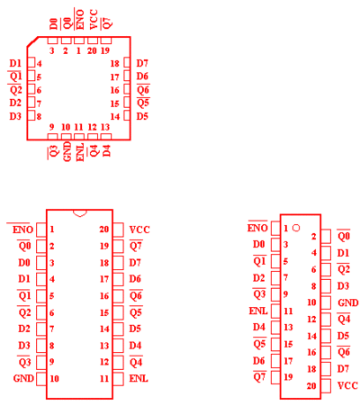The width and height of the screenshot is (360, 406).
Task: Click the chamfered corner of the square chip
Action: point(32,42)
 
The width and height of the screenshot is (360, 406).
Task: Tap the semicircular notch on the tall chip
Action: point(80,213)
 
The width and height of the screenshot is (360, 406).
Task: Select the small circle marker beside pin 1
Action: point(296,228)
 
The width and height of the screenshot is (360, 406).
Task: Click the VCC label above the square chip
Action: point(94,19)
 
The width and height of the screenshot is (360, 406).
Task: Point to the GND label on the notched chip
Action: point(23,378)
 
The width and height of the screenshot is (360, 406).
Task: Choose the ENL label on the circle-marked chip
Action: point(258,311)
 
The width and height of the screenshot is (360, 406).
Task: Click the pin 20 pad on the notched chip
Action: point(119,230)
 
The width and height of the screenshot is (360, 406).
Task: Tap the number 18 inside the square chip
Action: point(115,64)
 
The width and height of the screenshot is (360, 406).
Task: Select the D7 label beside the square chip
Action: point(142,63)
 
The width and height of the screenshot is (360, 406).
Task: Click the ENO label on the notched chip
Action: point(22,230)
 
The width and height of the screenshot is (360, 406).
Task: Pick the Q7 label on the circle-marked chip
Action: point(259,377)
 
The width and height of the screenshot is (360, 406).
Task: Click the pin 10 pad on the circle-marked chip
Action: point(326,302)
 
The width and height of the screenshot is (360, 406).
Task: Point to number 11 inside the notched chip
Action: point(104,378)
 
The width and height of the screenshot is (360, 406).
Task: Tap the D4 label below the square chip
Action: point(106,150)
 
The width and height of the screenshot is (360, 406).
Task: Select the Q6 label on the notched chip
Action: point(136,296)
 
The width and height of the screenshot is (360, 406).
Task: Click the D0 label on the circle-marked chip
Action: point(258,244)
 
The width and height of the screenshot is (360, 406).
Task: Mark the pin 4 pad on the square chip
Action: point(31,63)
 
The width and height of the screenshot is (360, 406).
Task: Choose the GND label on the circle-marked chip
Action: point(348,302)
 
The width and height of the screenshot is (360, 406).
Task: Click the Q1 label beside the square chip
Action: point(15,77)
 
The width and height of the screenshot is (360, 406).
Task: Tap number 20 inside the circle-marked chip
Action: point(311,385)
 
